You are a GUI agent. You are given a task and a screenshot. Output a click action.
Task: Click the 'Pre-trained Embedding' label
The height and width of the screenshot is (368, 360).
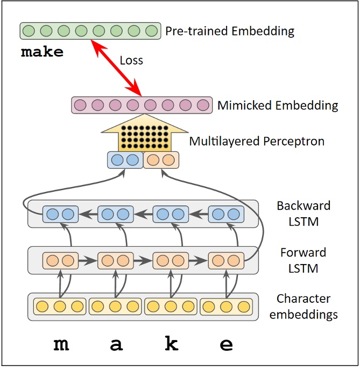230,31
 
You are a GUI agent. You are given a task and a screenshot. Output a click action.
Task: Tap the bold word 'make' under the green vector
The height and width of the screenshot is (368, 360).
42,52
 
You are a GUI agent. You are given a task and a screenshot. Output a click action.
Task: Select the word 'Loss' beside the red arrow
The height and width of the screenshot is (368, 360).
131,60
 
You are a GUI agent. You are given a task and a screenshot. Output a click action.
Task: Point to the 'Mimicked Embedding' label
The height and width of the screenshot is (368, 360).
278,105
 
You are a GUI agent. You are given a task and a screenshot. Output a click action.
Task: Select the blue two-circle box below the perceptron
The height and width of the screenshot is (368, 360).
124,160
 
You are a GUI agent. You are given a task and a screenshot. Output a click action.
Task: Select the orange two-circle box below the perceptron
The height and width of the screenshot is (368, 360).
161,160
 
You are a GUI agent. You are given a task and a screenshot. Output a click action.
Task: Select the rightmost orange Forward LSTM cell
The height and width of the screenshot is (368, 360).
226,261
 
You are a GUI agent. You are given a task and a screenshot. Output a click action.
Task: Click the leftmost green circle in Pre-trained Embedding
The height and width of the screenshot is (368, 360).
30,30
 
